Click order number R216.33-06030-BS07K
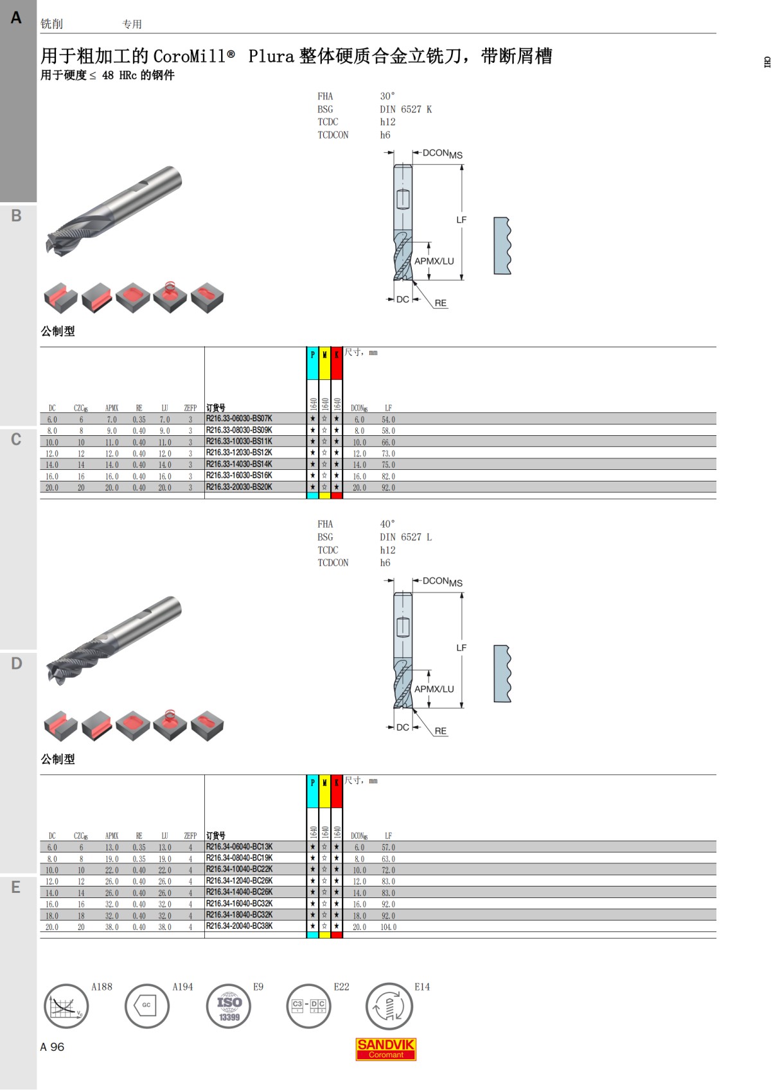(x=238, y=419)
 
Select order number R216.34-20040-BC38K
(x=239, y=926)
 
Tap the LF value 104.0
(x=388, y=927)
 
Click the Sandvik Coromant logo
(x=385, y=1049)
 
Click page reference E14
(x=421, y=987)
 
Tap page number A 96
(x=52, y=1047)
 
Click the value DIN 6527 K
(x=405, y=110)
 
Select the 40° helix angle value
(x=387, y=524)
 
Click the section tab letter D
(x=17, y=663)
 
